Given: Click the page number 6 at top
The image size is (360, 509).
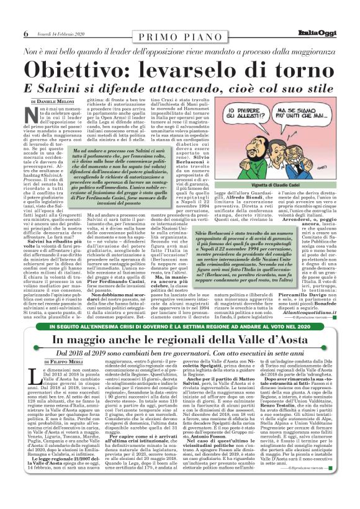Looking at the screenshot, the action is tap(26, 33).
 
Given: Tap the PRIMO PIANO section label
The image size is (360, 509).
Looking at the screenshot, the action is tap(179, 34).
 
